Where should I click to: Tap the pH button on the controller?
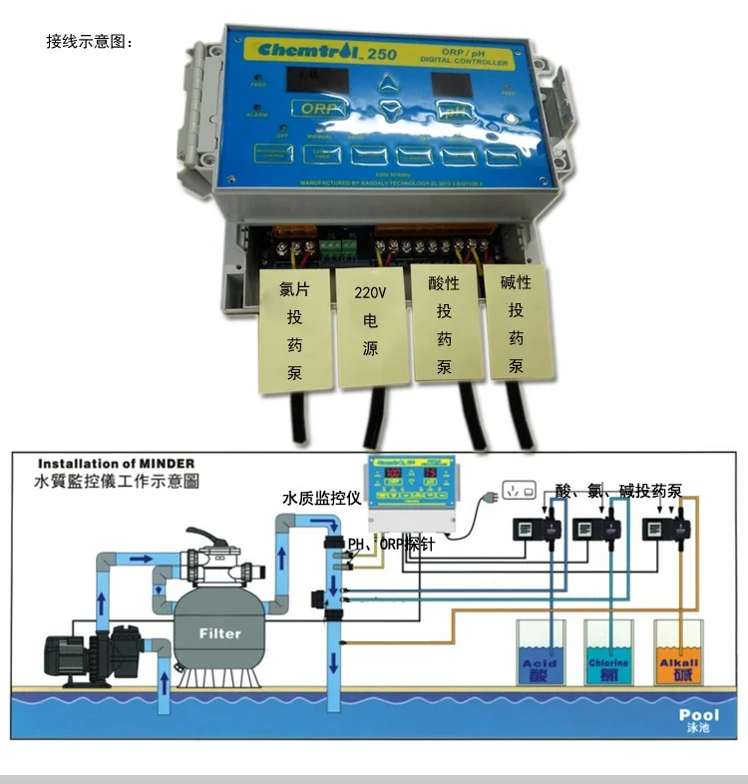[455, 112]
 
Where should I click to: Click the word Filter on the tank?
[219, 632]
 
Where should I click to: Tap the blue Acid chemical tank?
[540, 654]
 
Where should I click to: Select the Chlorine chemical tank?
[607, 654]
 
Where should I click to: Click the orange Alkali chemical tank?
[678, 654]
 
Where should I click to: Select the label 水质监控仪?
[320, 497]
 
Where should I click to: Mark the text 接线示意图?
[89, 42]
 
